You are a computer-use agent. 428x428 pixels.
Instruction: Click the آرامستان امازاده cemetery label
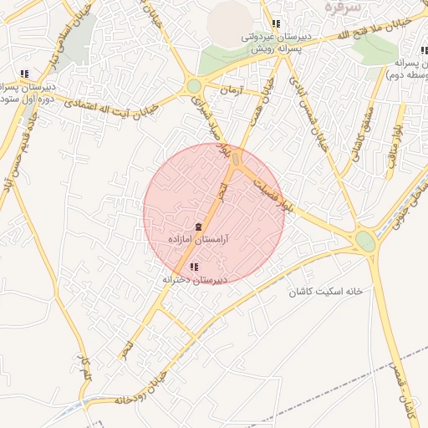[199, 239]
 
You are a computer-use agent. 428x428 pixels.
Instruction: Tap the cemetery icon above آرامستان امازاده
[199, 227]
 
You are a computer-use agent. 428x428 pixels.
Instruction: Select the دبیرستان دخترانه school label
[194, 280]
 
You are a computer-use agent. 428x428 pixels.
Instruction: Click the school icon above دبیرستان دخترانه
[195, 267]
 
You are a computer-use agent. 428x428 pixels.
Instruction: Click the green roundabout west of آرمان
[195, 86]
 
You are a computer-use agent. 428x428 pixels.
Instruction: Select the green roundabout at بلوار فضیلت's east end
[365, 241]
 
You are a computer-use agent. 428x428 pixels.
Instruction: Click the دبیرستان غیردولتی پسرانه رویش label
[272, 43]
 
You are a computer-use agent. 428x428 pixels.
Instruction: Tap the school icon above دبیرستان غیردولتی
[276, 23]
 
